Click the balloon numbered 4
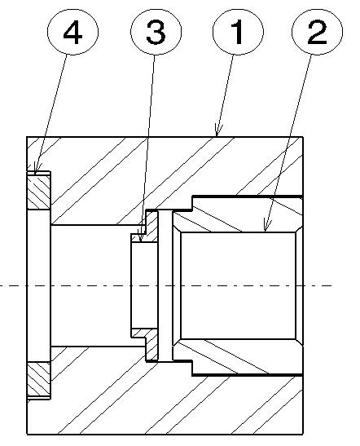tap(72, 32)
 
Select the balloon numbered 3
tap(156, 31)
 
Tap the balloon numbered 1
tap(238, 32)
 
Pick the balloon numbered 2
tap(317, 32)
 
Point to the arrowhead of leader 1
tap(218, 130)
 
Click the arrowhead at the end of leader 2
tap(266, 225)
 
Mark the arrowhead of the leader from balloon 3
tap(141, 236)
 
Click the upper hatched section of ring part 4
tap(38, 191)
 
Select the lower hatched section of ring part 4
tap(38, 380)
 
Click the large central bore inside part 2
tap(238, 285)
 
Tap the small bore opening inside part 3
tap(144, 285)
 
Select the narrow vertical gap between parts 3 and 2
tap(165, 285)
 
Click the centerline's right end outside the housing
tap(331, 285)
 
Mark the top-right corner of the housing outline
tap(303, 137)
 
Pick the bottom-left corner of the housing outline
tap(27, 435)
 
